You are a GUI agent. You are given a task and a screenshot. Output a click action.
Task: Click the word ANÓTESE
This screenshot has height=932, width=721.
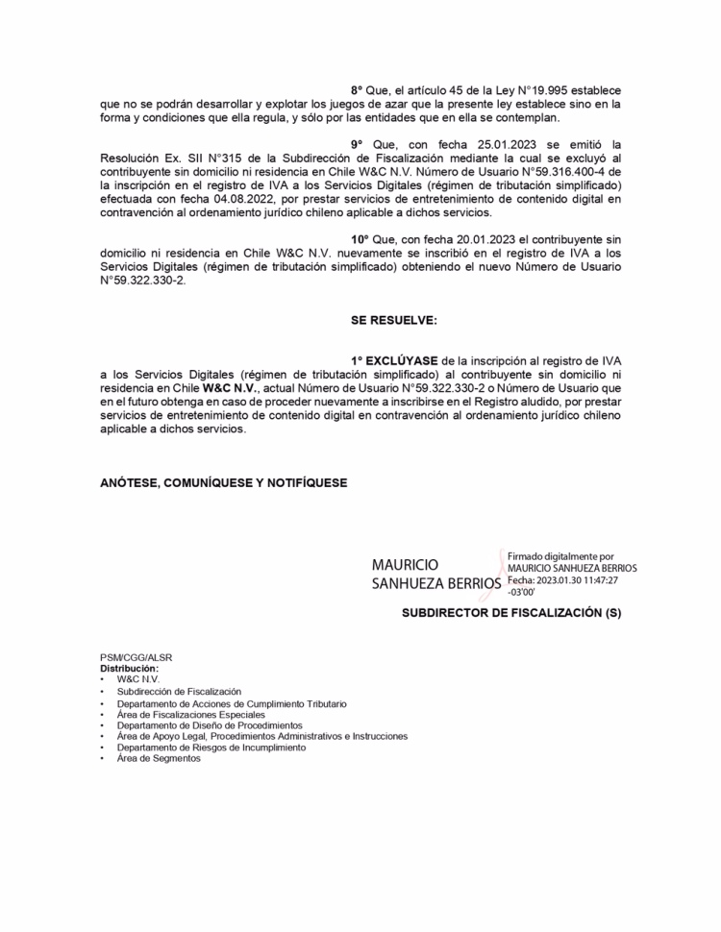coord(132,481)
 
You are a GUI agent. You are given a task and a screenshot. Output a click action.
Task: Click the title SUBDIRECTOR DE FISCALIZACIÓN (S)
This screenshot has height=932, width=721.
coord(511,611)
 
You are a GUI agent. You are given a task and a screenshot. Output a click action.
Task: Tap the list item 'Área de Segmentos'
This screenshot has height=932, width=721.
coord(159,758)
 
